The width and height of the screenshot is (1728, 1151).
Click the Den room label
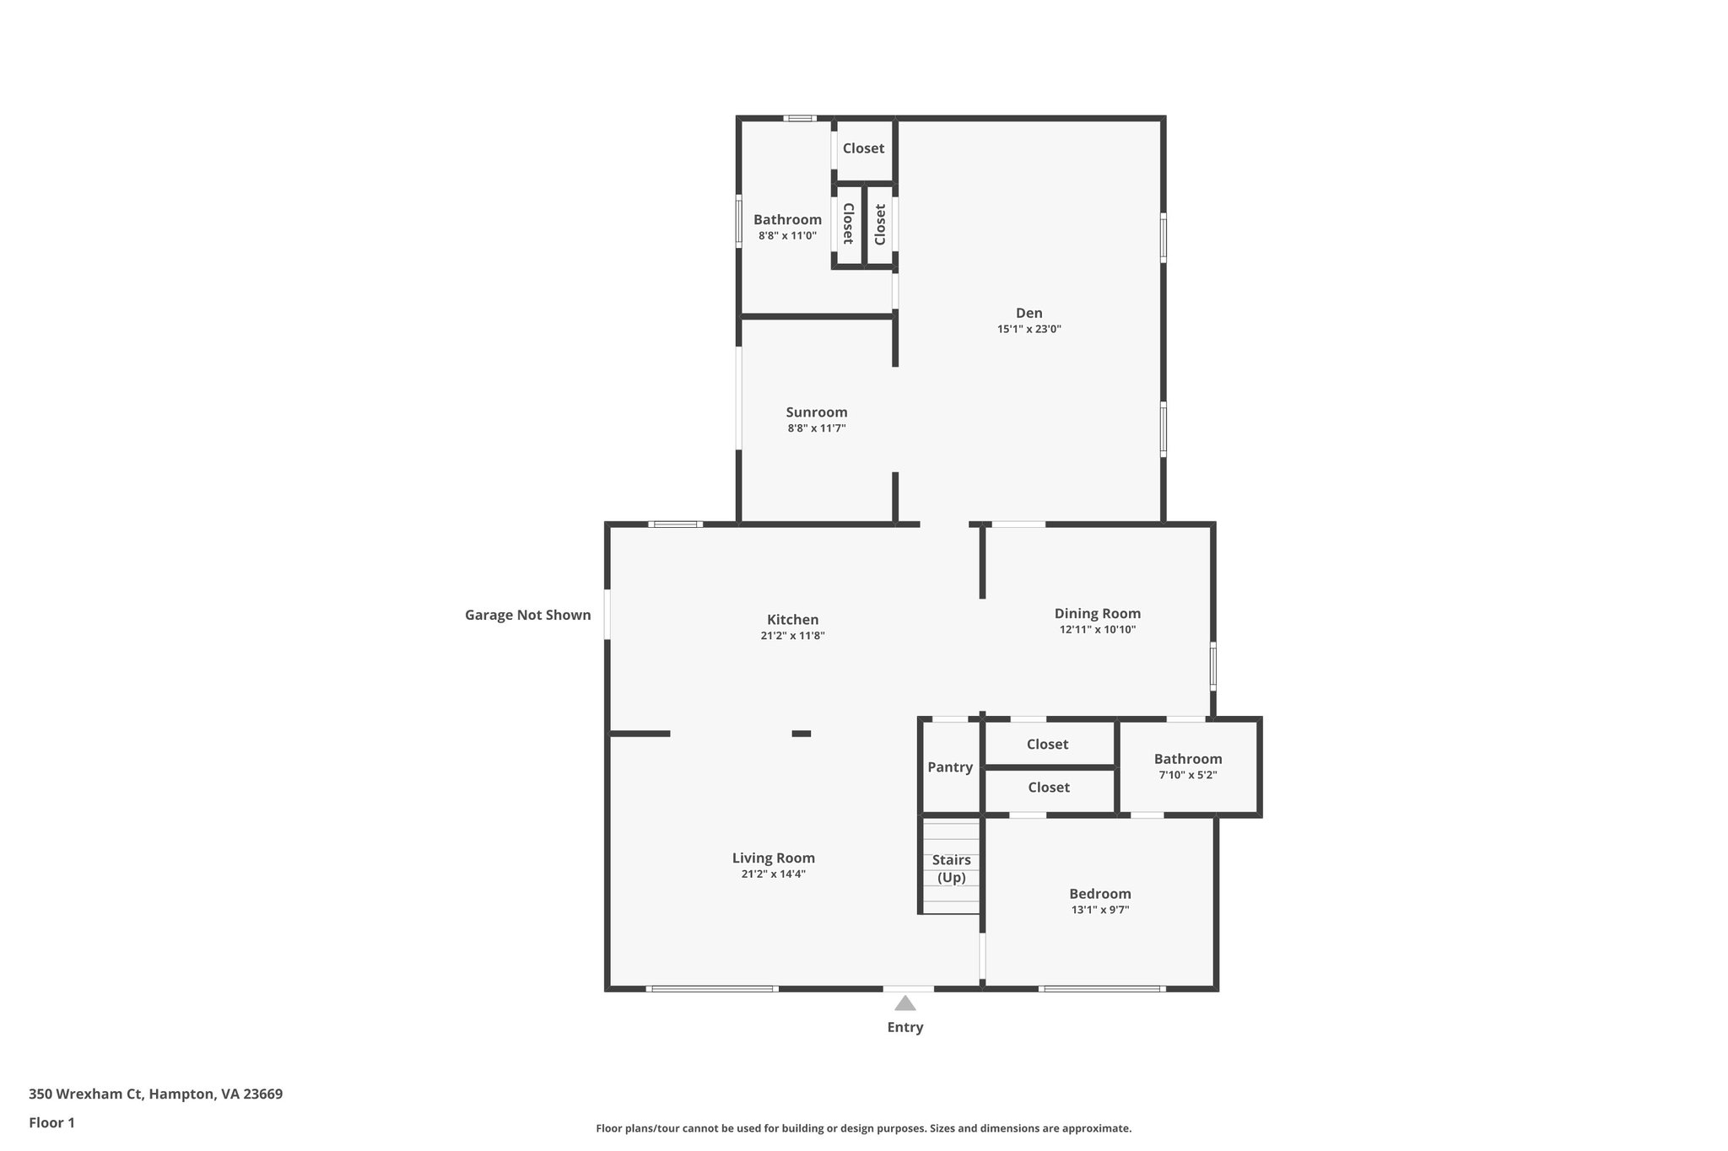(x=1029, y=313)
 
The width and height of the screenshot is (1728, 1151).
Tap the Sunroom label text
(x=816, y=412)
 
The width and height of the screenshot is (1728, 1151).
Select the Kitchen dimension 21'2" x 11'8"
(x=792, y=636)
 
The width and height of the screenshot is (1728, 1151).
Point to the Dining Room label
(x=1097, y=614)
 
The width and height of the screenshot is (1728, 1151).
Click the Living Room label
(x=773, y=858)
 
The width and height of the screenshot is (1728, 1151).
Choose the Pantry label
(x=950, y=767)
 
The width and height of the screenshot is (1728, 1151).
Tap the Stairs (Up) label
(x=951, y=869)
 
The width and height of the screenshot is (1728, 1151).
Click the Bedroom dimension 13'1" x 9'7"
(x=1099, y=910)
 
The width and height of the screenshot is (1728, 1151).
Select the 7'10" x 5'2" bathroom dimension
(x=1187, y=775)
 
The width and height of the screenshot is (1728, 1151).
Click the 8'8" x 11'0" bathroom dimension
(x=787, y=236)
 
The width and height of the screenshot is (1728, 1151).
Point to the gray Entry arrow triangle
(x=904, y=1003)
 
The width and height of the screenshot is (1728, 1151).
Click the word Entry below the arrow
(x=904, y=1027)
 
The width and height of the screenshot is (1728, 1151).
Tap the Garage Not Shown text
(x=527, y=615)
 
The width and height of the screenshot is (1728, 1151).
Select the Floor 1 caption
(x=51, y=1122)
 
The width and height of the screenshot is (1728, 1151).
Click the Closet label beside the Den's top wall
(x=863, y=148)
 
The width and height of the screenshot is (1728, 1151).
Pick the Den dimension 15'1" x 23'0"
(x=1029, y=330)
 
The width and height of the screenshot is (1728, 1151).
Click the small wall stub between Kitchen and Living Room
(x=801, y=734)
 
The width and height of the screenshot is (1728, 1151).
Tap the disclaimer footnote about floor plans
(x=863, y=1128)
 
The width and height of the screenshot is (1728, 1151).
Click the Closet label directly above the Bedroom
(x=1048, y=788)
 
